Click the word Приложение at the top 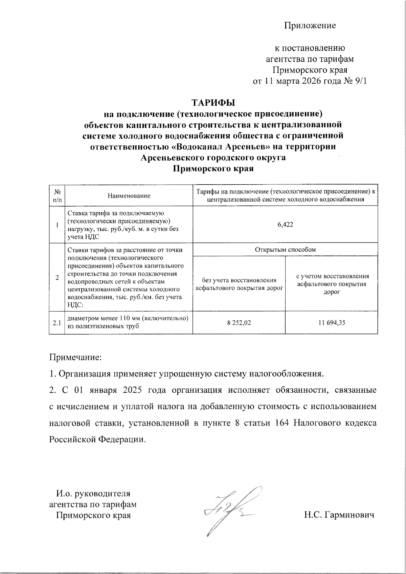pyautogui.click(x=310, y=25)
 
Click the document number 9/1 pyautogui.click(x=359, y=81)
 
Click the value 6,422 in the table pyautogui.click(x=285, y=225)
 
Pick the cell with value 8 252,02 pyautogui.click(x=239, y=323)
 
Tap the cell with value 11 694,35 pyautogui.click(x=331, y=323)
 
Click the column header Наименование pyautogui.click(x=129, y=196)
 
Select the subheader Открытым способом pyautogui.click(x=285, y=250)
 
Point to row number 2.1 pyautogui.click(x=57, y=323)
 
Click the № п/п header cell pyautogui.click(x=57, y=196)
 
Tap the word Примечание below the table pyautogui.click(x=75, y=357)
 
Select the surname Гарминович pyautogui.click(x=350, y=515)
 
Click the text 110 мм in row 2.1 pyautogui.click(x=126, y=318)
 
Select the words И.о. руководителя pyautogui.click(x=93, y=493)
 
